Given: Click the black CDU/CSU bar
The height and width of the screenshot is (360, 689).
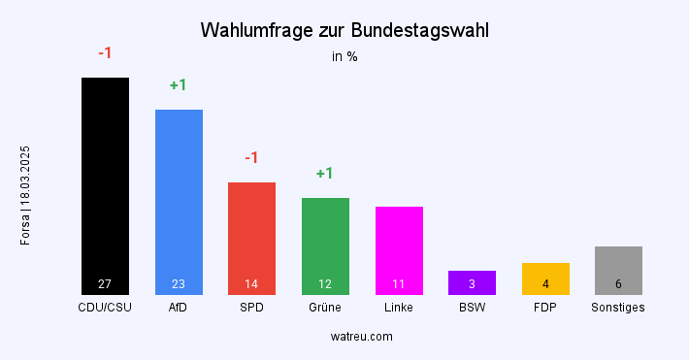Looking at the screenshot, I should click(x=105, y=184).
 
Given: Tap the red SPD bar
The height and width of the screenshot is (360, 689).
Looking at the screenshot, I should click(x=251, y=238).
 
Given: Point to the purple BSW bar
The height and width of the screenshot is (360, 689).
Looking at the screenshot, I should click(x=472, y=282).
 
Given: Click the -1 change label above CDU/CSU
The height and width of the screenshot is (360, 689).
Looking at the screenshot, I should click(x=105, y=52).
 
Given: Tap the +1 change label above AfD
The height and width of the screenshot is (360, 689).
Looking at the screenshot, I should click(x=178, y=85).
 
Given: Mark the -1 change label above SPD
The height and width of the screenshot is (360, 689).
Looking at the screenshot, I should click(x=251, y=158).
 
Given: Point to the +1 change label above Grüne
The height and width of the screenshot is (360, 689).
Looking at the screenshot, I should click(x=325, y=174).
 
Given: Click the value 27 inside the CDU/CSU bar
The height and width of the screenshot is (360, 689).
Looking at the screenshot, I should click(x=105, y=284).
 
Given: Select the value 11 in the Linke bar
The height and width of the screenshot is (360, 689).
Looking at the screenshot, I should click(x=399, y=284).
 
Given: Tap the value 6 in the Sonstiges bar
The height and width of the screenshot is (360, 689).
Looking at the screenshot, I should click(x=618, y=284).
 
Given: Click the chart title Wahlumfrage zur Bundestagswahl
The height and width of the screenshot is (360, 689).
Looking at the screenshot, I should click(x=344, y=30).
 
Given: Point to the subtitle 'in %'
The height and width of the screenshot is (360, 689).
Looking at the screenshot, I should click(x=344, y=56).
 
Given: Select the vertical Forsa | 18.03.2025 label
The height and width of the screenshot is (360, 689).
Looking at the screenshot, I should click(x=25, y=195).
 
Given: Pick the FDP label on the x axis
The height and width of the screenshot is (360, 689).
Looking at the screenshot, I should click(x=545, y=308).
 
